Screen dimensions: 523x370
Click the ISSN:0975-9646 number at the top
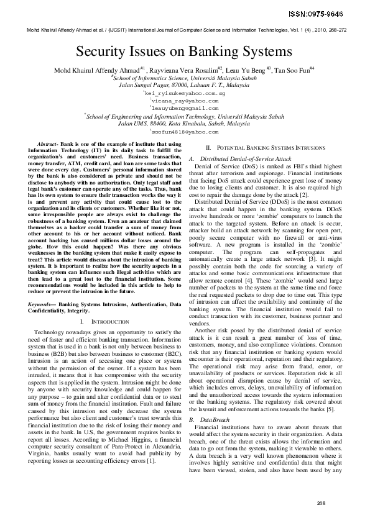[331, 12]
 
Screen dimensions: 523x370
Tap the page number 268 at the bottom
[321, 503]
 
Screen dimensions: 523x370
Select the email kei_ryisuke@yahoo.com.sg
[184, 93]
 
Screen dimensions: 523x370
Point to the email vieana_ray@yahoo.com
[184, 100]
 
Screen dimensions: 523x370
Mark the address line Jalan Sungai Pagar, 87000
[184, 84]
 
